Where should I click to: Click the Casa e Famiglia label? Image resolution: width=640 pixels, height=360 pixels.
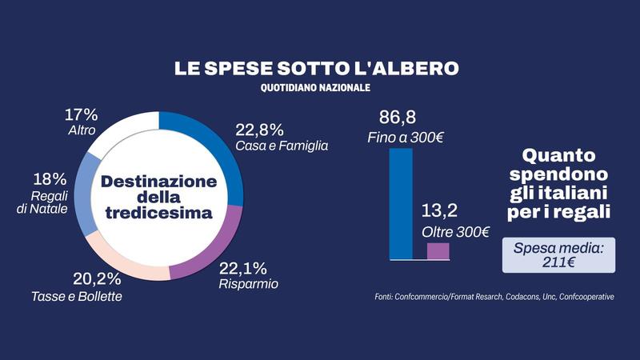coord(282,146)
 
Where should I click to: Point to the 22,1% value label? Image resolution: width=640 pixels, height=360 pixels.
coord(244,268)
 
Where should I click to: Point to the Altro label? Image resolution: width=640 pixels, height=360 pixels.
coord(82,129)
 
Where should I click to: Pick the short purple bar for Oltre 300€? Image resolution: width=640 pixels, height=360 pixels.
coord(438,250)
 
